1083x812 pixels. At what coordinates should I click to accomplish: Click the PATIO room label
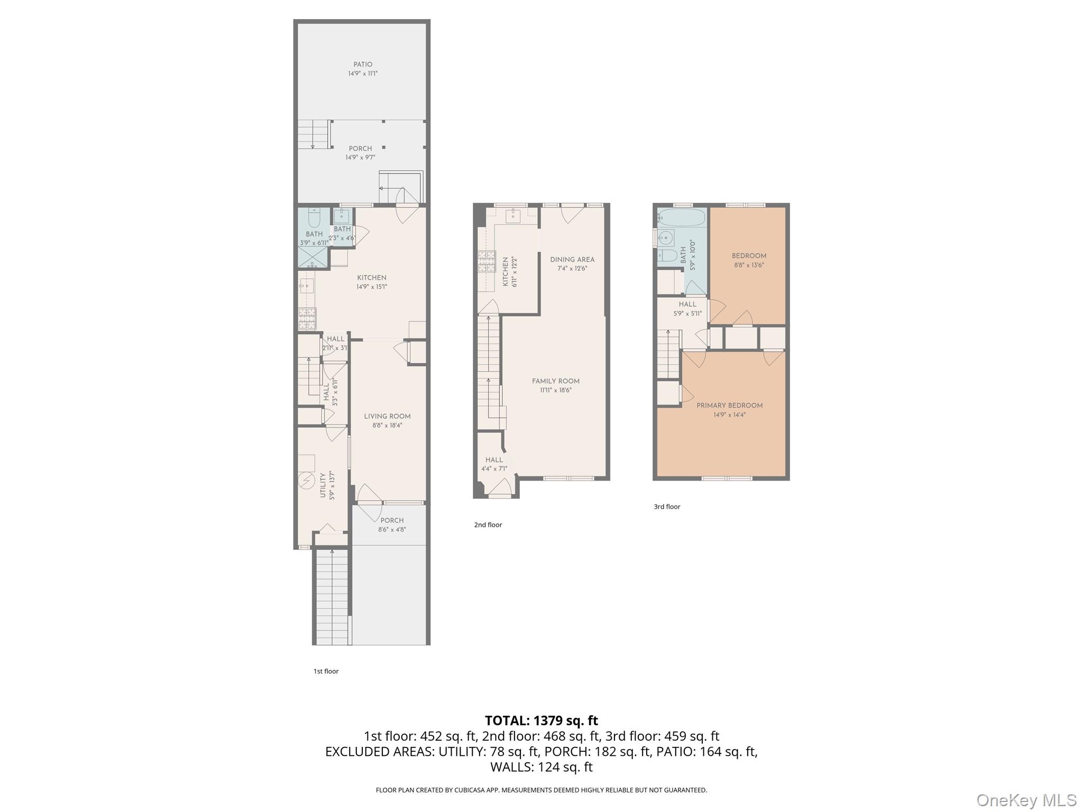click(363, 64)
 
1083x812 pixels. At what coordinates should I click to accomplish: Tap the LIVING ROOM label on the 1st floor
click(387, 416)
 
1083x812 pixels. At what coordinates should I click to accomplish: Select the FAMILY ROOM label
click(555, 381)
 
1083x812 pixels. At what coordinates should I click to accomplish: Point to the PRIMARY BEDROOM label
click(729, 405)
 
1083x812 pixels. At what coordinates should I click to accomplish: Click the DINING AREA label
click(572, 260)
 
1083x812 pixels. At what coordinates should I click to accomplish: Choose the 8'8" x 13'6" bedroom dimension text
click(749, 265)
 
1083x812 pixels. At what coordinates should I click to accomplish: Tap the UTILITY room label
click(323, 485)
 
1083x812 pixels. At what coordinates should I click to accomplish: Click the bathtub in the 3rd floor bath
click(682, 217)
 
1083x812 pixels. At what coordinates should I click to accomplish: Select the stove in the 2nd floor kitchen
click(486, 262)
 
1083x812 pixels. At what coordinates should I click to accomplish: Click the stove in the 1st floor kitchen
click(307, 318)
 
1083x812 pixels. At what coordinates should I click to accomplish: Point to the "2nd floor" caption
click(488, 525)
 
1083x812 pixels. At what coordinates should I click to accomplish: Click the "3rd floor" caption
click(667, 506)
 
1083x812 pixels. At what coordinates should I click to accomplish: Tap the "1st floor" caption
click(326, 671)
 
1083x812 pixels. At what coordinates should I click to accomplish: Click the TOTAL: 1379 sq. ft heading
click(541, 721)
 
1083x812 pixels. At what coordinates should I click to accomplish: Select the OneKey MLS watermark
click(1026, 800)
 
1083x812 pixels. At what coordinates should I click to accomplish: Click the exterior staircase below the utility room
click(332, 597)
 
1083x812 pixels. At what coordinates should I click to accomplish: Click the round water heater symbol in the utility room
click(306, 481)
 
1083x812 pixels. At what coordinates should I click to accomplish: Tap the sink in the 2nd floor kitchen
click(513, 215)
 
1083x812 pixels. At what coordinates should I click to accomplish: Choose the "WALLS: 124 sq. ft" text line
click(541, 767)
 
